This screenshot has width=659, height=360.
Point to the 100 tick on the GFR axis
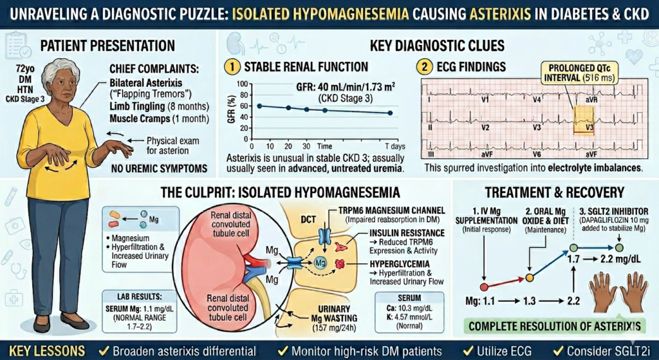point(243,84)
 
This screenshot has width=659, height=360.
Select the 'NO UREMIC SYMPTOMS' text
point(154,170)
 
